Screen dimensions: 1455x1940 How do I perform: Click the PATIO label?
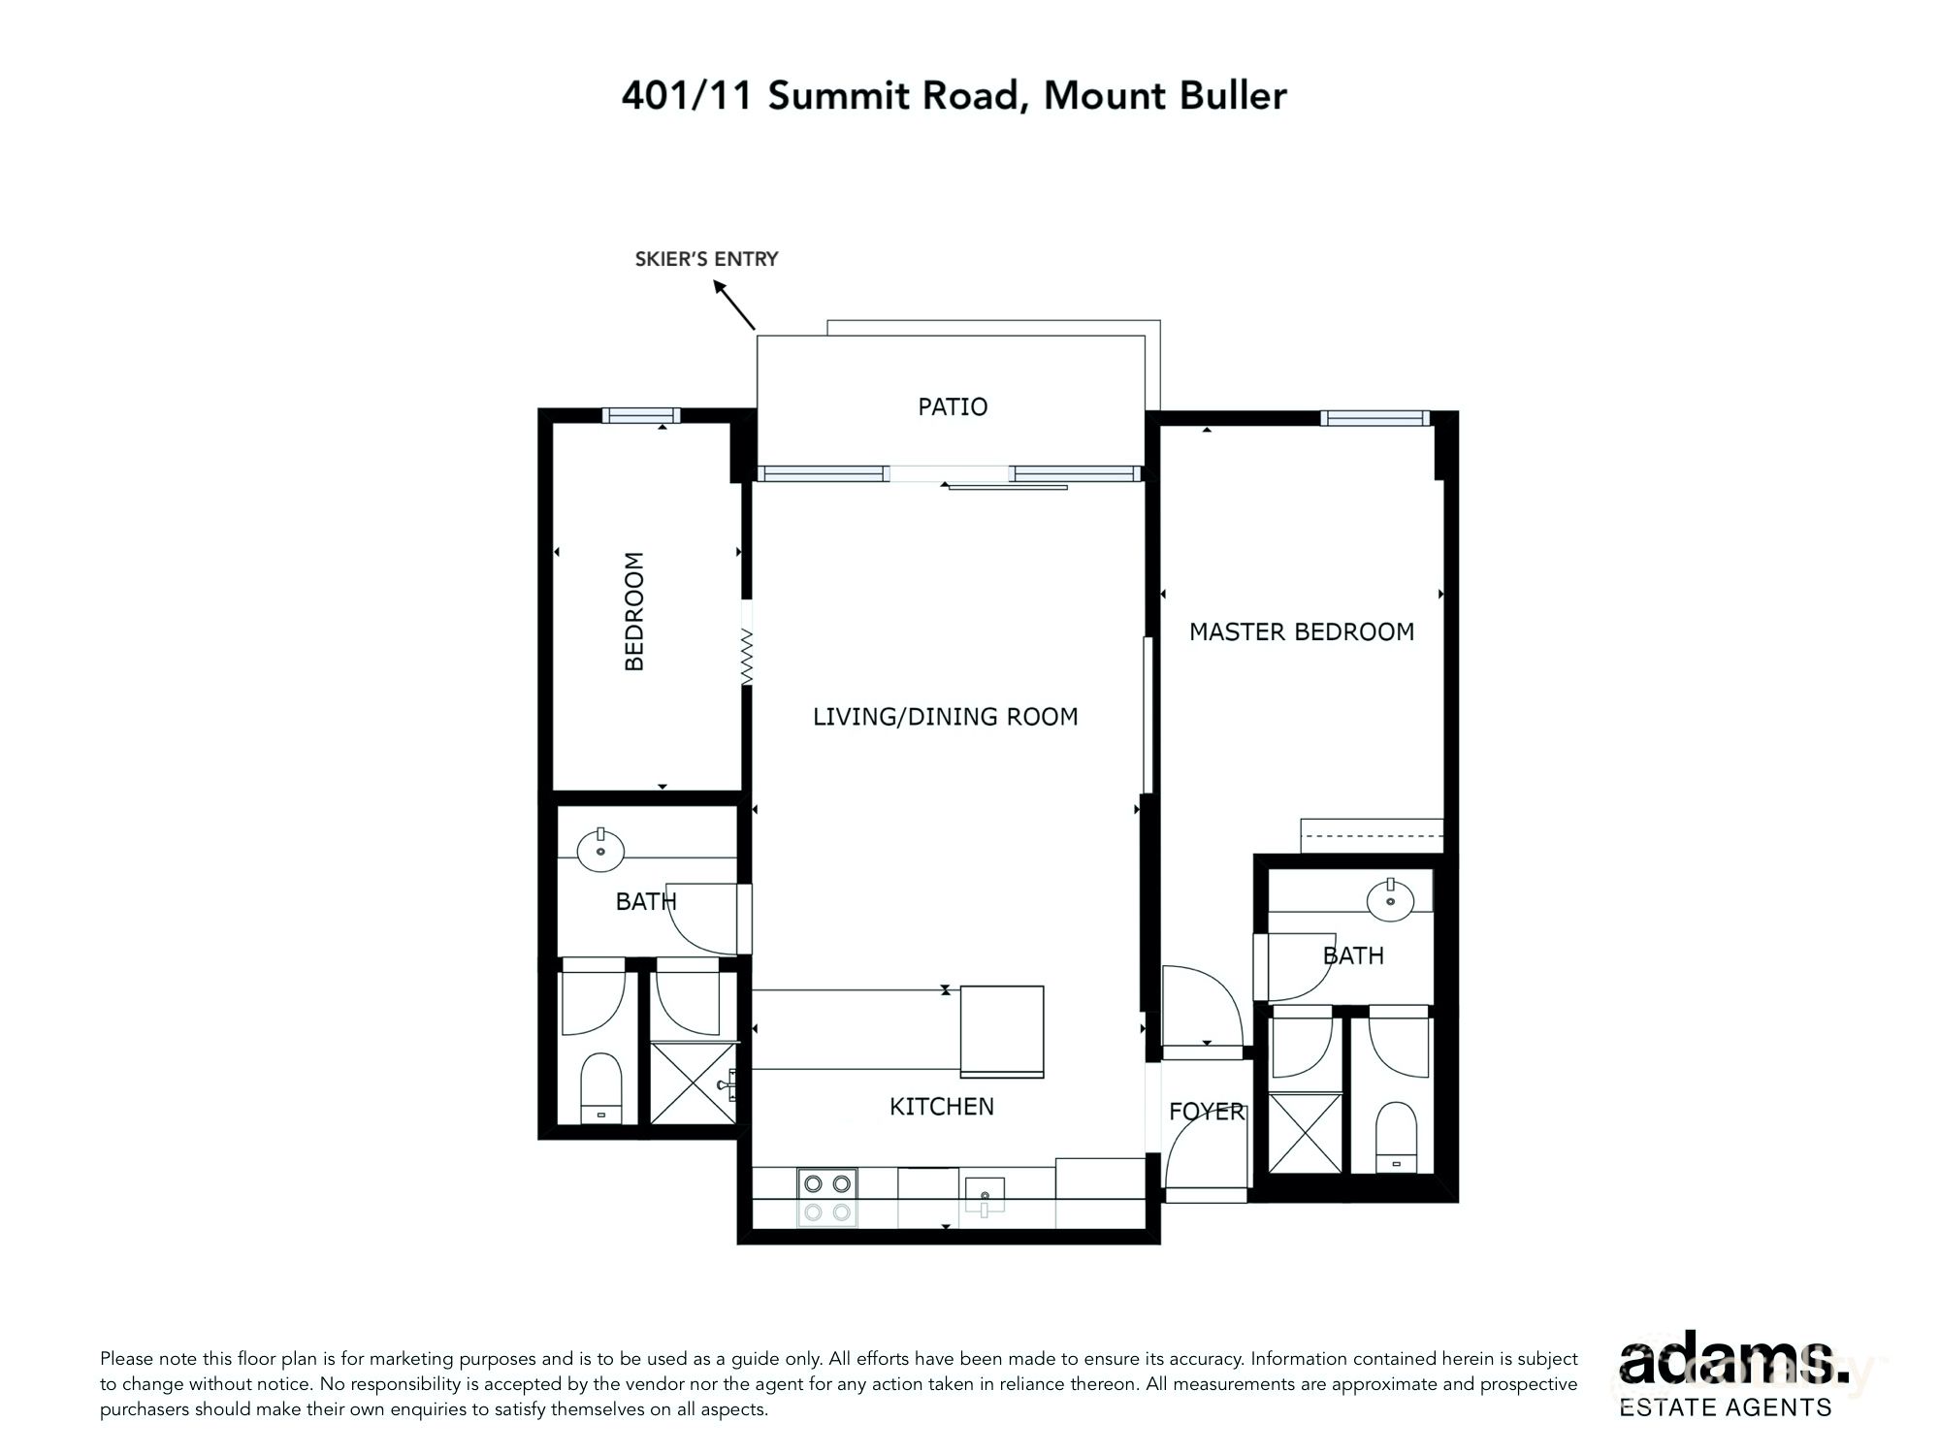coord(953,406)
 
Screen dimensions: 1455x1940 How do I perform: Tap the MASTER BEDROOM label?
coord(1301,632)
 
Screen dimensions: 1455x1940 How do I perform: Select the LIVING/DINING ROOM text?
coord(945,717)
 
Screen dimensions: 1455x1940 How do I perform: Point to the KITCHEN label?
coord(941,1107)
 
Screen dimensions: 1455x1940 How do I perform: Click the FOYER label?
coord(1206,1112)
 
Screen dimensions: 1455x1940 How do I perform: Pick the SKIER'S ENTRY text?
coord(706,259)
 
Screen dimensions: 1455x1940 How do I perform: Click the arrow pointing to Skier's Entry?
coord(734,305)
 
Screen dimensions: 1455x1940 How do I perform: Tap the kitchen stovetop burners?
coord(827,1197)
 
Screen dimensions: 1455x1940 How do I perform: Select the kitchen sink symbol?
coord(984,1194)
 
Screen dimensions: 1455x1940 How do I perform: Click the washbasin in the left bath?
coord(600,850)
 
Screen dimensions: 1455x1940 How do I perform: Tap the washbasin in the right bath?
coord(1390,899)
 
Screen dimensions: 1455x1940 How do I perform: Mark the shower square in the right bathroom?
coord(1306,1133)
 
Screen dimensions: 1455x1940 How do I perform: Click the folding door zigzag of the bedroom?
coord(747,657)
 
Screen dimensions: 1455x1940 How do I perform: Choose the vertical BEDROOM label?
coord(634,611)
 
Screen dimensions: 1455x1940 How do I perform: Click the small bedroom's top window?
coord(640,415)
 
